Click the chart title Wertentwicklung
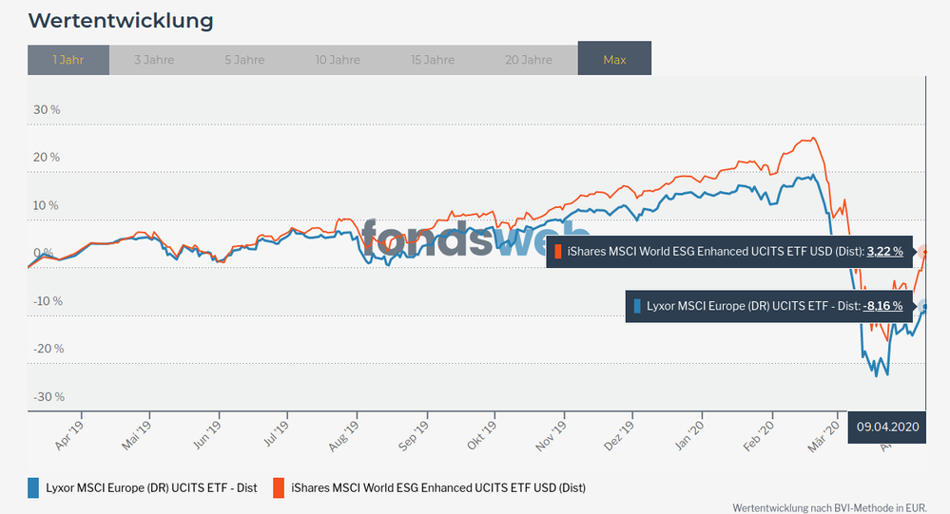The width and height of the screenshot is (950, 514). tap(121, 20)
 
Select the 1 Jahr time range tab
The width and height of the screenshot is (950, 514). tap(68, 59)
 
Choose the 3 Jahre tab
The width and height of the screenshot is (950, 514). tap(153, 59)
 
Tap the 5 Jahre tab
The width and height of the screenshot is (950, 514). tap(244, 59)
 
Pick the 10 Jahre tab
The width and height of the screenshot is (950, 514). tap(338, 59)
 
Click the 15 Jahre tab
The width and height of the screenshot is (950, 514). tap(433, 59)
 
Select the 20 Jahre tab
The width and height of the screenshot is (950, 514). tap(529, 59)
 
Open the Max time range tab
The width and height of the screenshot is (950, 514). tap(614, 59)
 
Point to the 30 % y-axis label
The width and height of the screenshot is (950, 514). tap(47, 109)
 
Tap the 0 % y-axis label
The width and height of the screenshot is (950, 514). tap(44, 253)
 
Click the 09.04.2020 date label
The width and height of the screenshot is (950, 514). tap(888, 427)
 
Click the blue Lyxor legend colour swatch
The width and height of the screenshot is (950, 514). tap(35, 487)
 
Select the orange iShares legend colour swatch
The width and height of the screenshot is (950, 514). tap(279, 487)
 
